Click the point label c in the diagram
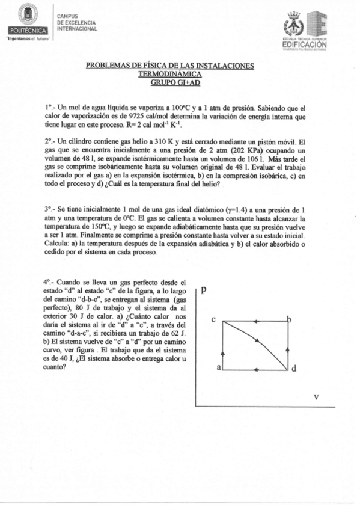point(214,320)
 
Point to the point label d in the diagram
point(294,369)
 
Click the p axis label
point(204,289)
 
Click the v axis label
point(316,396)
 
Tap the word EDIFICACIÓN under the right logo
point(304,44)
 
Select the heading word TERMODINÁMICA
point(170,73)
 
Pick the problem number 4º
point(49,281)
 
